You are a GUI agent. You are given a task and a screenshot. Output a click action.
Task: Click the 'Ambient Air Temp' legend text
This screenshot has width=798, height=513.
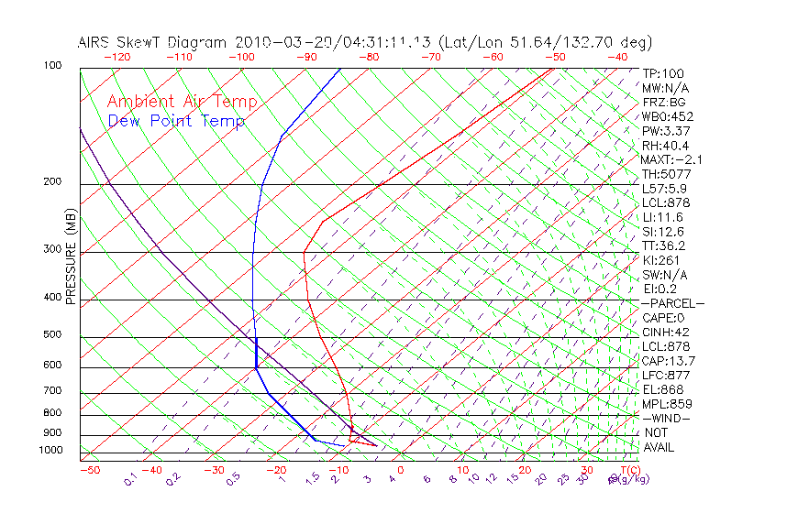[182, 102]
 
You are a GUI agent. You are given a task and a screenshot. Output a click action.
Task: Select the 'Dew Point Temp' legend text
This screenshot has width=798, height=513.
[176, 121]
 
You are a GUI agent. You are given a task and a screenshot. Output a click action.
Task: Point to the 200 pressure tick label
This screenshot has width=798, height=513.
[53, 181]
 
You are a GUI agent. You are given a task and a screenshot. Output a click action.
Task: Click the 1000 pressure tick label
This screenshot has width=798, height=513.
[50, 451]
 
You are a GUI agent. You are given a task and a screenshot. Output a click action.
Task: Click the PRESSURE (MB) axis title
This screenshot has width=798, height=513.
[71, 256]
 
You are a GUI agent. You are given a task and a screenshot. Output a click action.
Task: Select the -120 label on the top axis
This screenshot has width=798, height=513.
[116, 57]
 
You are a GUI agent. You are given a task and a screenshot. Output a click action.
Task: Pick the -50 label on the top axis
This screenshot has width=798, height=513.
[555, 57]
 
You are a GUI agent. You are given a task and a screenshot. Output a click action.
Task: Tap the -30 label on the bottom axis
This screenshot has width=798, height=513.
[214, 470]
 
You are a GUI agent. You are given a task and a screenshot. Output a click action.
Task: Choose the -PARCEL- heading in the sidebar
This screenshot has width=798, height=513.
[673, 303]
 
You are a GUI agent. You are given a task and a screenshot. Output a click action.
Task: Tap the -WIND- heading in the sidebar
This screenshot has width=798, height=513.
[667, 418]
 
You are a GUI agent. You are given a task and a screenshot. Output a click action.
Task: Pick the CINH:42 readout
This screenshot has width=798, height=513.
[665, 332]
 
